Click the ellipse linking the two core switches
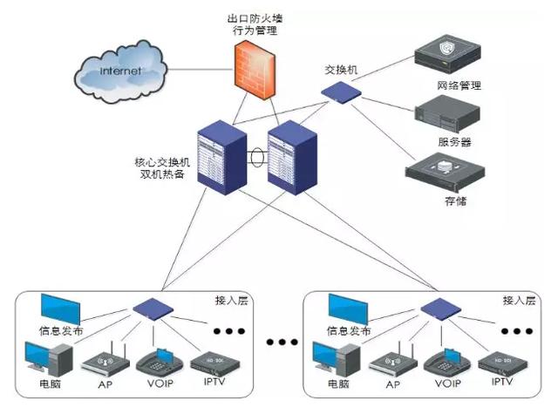pyautogui.click(x=255, y=159)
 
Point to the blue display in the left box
pyautogui.click(x=60, y=309)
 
